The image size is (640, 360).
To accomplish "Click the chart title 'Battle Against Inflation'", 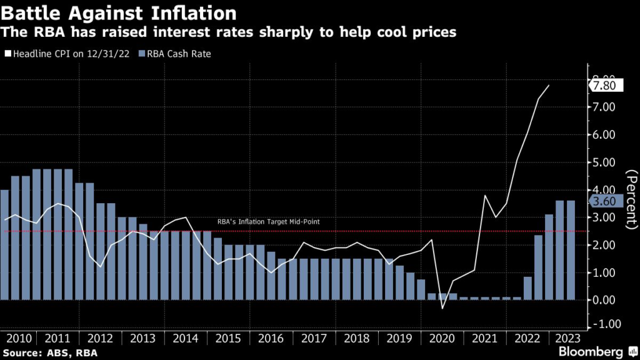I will (x=119, y=12).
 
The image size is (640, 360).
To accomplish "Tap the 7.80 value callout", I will (x=608, y=85).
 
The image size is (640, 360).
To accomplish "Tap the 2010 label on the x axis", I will (x=18, y=338).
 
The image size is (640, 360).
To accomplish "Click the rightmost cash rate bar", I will (x=570, y=250).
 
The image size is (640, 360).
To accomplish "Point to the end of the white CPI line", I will (x=549, y=85).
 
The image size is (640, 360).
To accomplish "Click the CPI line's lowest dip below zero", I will (x=442, y=308).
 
